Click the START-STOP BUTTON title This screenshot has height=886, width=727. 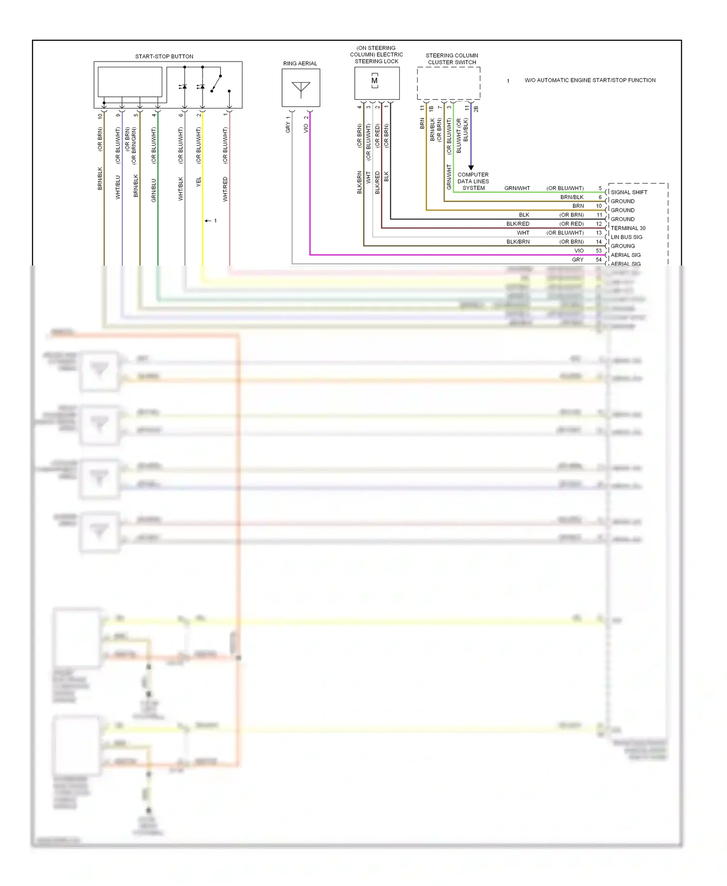pos(164,56)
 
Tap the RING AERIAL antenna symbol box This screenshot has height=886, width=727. pos(300,88)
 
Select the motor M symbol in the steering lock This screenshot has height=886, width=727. pos(374,81)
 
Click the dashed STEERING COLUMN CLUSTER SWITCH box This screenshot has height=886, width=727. pos(448,83)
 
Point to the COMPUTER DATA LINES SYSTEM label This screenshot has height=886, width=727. pos(473,181)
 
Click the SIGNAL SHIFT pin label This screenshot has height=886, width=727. pos(629,192)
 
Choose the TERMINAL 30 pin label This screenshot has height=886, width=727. pos(628,228)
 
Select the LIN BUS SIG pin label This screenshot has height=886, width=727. pos(626,237)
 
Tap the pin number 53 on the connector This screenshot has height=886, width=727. pos(599,251)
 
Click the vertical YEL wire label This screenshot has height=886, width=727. pos(199,182)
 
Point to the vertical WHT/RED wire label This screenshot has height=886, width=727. pos(225,189)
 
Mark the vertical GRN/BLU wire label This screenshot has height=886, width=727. pos(154,190)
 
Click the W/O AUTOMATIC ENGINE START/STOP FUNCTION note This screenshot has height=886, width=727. pos(590,80)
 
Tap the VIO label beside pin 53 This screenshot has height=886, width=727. pos(579,251)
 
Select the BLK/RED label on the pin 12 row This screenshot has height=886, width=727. pos(518,224)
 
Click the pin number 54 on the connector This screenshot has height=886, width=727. pos(599,260)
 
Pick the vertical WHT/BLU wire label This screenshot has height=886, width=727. pos(118,187)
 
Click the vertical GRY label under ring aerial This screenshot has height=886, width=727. pos(288,127)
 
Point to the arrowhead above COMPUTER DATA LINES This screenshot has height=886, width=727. pos(471,168)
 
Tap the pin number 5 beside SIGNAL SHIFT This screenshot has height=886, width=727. pos(600,188)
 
